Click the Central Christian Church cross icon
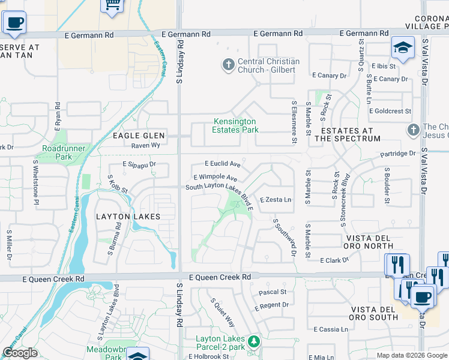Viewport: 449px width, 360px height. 228,65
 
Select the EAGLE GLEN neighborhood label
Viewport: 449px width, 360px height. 139,136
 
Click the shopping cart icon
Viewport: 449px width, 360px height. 112,5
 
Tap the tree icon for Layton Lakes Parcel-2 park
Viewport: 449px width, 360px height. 255,341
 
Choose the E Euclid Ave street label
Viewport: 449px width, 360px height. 223,164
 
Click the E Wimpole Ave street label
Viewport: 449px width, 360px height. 215,178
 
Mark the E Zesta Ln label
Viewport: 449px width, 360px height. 276,200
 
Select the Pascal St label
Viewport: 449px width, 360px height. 273,292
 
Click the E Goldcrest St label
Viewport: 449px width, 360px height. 390,111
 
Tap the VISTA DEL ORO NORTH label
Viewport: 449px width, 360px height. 369,242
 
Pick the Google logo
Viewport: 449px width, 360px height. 20,353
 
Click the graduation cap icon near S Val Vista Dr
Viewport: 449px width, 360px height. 403,47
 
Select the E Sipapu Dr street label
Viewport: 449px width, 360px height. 139,164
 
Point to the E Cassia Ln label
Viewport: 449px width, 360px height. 331,329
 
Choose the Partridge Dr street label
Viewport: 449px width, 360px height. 397,154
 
